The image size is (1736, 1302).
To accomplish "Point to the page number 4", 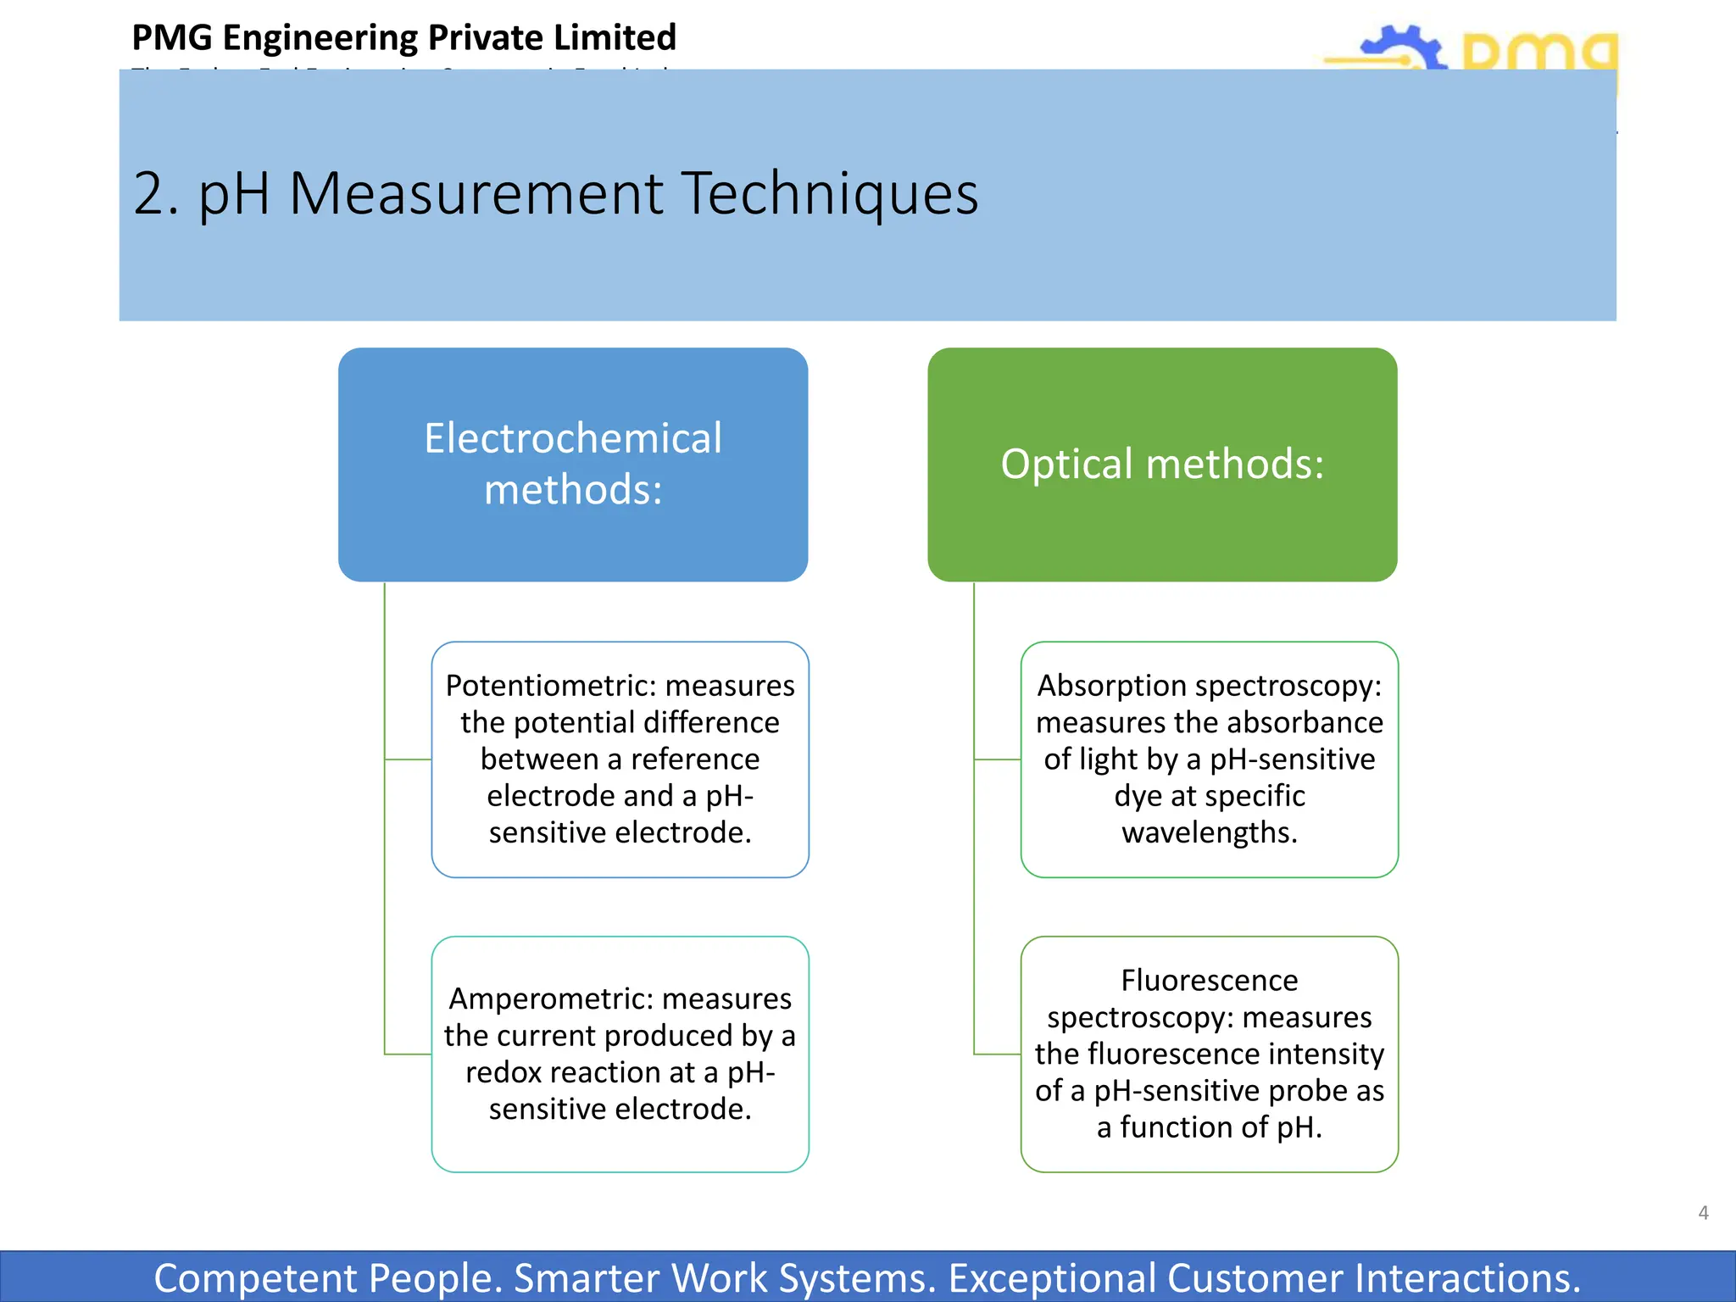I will (x=1703, y=1213).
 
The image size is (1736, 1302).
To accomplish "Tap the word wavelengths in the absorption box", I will (x=1209, y=832).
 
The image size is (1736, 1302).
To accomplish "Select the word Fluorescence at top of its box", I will (x=1209, y=980).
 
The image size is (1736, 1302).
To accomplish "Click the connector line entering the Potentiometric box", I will (x=409, y=759).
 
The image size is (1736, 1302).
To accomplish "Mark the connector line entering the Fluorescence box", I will (x=998, y=1054).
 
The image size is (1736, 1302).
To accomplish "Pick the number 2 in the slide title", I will (x=148, y=193).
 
